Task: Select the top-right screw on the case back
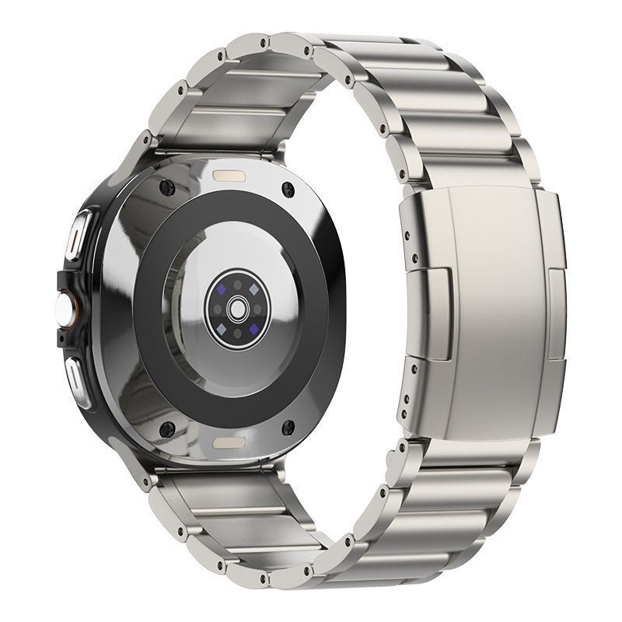tap(289, 189)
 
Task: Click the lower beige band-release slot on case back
tap(228, 442)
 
